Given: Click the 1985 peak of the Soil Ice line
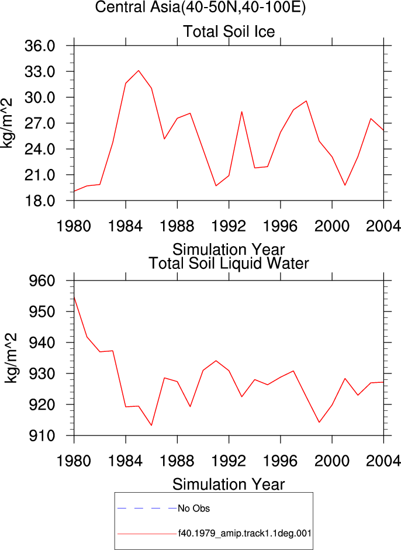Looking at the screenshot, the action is click(x=139, y=71).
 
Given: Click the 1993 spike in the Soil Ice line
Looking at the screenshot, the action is click(x=242, y=112).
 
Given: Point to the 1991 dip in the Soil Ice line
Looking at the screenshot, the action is click(x=216, y=185).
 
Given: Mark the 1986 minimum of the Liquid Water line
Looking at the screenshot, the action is click(x=151, y=425).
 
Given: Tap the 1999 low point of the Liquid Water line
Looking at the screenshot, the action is click(x=319, y=422).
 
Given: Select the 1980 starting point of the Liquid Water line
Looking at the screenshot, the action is click(x=74, y=297).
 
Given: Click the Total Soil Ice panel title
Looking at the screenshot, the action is click(x=229, y=32).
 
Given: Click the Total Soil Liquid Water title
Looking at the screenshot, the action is click(x=229, y=263).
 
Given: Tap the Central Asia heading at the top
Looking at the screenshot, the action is click(x=200, y=7).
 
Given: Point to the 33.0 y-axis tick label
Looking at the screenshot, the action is click(x=40, y=72).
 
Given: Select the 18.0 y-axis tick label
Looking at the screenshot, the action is click(x=40, y=201).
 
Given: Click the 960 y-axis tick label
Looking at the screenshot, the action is click(x=42, y=281).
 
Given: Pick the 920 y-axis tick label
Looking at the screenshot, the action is click(x=42, y=405).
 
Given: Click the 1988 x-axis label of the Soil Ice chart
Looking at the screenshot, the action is click(x=177, y=226).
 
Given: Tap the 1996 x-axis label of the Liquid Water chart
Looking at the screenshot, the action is click(x=281, y=461).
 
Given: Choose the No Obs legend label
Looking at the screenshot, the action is click(x=193, y=509).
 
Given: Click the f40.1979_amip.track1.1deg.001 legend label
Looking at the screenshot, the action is click(x=245, y=534).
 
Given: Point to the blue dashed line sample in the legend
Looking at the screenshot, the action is click(x=147, y=509).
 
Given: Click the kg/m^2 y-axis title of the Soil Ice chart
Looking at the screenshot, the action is click(x=7, y=123).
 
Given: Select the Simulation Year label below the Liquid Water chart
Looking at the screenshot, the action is click(x=229, y=485).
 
